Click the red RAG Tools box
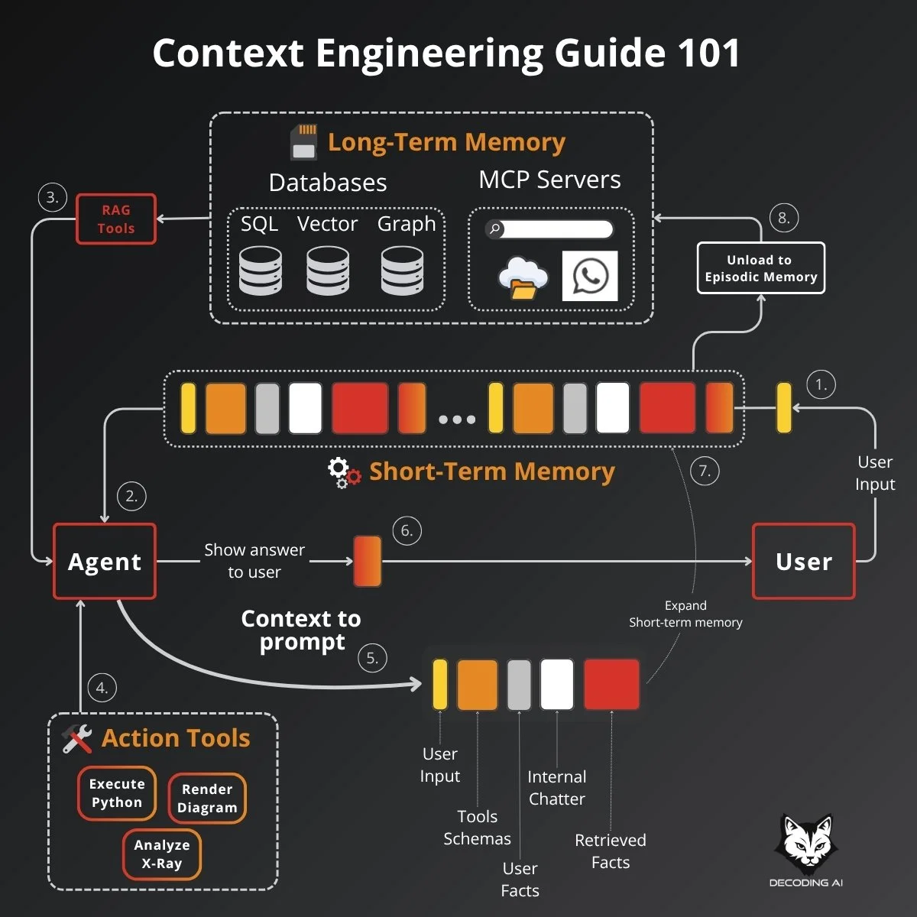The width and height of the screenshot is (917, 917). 116,219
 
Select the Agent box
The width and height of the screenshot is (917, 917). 105,562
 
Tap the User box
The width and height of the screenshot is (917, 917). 803,562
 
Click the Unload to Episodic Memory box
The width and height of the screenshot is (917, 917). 760,268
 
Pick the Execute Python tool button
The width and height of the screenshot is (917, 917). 117,793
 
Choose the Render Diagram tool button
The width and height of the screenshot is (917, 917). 207,799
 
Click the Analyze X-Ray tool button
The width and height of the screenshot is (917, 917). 162,854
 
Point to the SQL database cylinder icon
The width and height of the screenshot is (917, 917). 260,271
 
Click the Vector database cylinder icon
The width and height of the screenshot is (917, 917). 328,271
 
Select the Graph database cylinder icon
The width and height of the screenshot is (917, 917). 402,271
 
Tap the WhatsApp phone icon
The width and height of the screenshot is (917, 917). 590,276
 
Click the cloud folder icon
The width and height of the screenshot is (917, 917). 523,278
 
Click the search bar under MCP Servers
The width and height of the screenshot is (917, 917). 550,228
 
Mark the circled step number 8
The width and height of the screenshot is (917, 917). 783,218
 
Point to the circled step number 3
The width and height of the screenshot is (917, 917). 52,197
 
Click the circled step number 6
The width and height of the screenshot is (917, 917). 407,530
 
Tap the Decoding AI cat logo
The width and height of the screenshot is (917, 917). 805,845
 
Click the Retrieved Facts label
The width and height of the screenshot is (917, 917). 611,851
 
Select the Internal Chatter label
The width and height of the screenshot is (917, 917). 557,788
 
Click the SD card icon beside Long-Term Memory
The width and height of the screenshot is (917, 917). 304,142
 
